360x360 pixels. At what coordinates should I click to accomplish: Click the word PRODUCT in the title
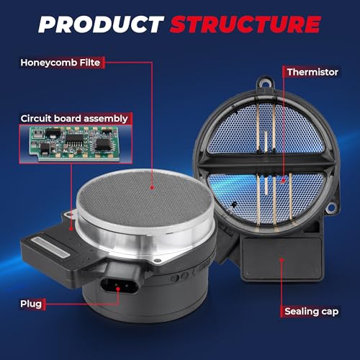(x=101, y=24)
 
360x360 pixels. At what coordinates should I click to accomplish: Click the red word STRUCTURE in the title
(x=246, y=24)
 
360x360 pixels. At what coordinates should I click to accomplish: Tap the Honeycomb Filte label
(x=60, y=63)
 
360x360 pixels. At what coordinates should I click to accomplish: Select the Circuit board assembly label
(x=74, y=119)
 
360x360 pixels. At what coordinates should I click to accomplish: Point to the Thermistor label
(x=312, y=72)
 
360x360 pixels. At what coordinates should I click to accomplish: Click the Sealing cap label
(x=312, y=311)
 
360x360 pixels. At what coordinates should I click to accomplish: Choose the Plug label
(x=31, y=304)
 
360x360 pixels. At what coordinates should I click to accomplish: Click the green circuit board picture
(x=75, y=143)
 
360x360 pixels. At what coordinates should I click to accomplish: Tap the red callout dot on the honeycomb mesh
(x=152, y=187)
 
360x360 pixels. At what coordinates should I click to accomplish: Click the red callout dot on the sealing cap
(x=282, y=260)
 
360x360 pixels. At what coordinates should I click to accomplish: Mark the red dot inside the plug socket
(x=118, y=289)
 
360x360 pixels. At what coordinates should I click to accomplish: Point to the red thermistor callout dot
(x=283, y=180)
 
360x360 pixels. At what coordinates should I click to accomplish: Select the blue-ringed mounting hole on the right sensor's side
(x=330, y=207)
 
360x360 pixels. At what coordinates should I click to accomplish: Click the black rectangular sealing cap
(x=282, y=258)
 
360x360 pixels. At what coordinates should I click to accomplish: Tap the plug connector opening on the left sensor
(x=120, y=286)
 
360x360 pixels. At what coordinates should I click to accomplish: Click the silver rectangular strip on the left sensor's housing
(x=51, y=247)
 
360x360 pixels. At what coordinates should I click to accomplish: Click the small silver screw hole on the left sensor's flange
(x=157, y=260)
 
